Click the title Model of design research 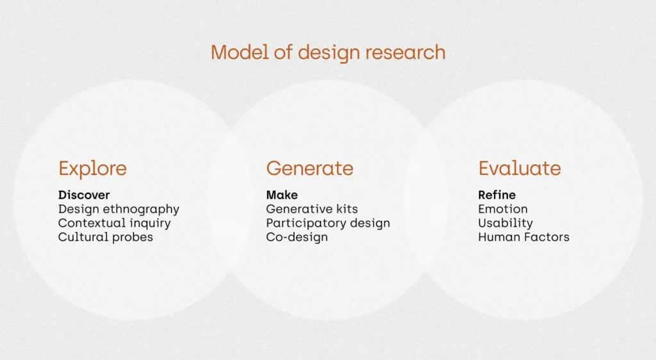(328, 53)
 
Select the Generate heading (309, 168)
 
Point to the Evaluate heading (520, 168)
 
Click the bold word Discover (84, 195)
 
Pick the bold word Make (282, 195)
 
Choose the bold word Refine (497, 195)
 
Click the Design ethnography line (119, 209)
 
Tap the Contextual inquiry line (114, 224)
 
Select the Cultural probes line (106, 238)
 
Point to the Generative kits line (312, 209)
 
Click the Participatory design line (328, 224)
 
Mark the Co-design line (297, 238)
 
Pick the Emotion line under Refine (503, 209)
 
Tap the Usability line (505, 224)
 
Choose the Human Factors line (524, 237)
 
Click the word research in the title (406, 53)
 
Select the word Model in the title (240, 53)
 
